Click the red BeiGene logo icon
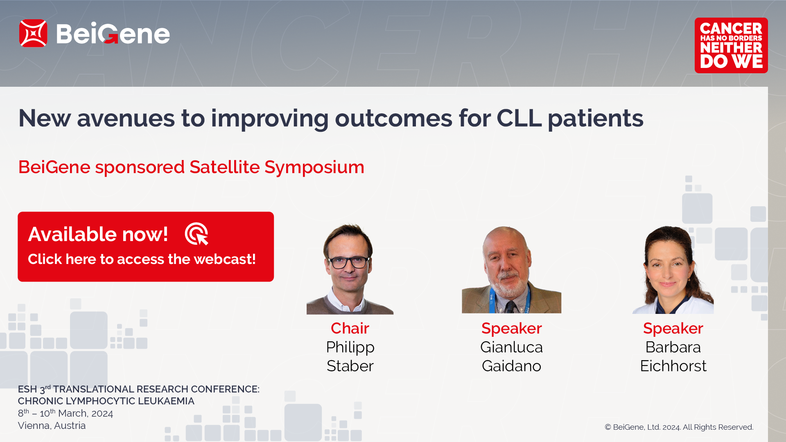(x=33, y=33)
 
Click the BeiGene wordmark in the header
(x=113, y=33)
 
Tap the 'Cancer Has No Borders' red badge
(x=731, y=45)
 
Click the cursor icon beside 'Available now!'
(x=197, y=234)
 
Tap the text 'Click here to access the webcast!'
(x=142, y=259)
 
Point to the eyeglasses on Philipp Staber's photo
(x=349, y=262)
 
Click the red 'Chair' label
(x=350, y=328)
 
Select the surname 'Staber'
(x=350, y=366)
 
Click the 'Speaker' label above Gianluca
(x=512, y=328)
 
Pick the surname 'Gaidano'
(x=512, y=366)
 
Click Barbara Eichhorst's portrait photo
(x=673, y=270)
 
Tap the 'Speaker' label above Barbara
(x=673, y=328)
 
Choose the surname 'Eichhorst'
(x=673, y=366)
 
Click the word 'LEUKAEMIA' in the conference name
(x=166, y=401)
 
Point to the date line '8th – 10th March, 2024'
(x=65, y=413)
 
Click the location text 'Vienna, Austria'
(x=52, y=426)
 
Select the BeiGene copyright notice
(x=679, y=427)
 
